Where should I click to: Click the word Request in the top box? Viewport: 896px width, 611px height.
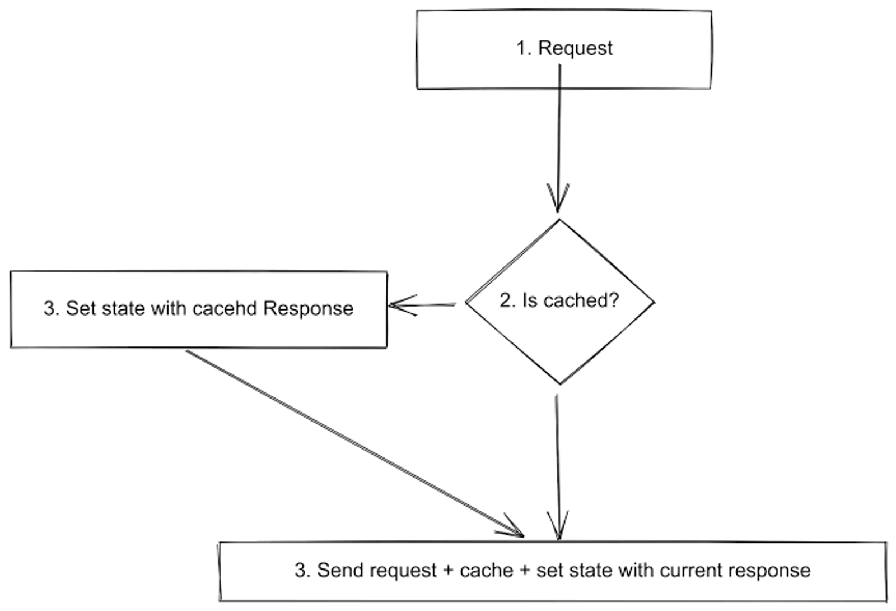coord(575,48)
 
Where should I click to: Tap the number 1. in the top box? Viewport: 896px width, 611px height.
coord(524,48)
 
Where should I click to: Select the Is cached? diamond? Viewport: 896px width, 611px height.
coord(560,336)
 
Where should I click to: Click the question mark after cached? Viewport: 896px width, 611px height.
coord(614,300)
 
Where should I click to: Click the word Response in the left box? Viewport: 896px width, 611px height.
coord(308,308)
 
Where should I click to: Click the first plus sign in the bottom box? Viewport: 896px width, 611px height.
coord(447,571)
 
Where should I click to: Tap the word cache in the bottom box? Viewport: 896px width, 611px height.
coord(486,570)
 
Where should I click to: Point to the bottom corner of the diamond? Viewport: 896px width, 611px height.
coord(560,384)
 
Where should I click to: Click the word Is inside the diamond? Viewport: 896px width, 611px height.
coord(529,300)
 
